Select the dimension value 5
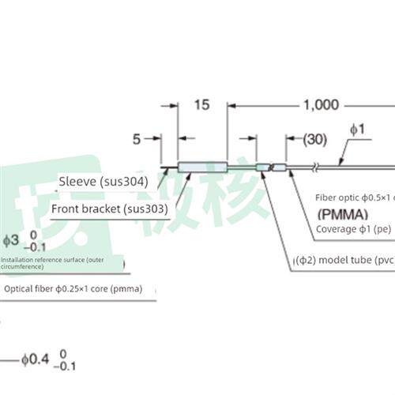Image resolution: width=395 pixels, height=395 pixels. pos(136,139)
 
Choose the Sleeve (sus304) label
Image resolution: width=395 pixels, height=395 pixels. pos(98,181)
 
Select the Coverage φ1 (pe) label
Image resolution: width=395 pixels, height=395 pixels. pos(354,229)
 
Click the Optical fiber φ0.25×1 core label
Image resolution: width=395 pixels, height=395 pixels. pos(73,288)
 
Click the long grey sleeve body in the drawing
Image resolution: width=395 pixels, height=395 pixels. pos(202,166)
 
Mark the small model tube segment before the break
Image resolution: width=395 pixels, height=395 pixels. pos(263,167)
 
